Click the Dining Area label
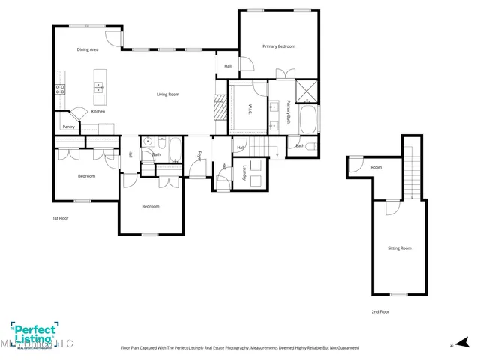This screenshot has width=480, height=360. tap(88, 49)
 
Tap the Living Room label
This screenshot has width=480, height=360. tap(167, 94)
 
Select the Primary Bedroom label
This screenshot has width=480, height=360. tap(278, 46)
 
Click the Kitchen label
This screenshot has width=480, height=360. tap(98, 112)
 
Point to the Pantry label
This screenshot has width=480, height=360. tap(68, 127)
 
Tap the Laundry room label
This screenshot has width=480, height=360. tap(244, 172)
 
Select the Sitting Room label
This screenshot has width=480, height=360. tap(399, 247)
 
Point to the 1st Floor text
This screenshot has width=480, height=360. tap(61, 218)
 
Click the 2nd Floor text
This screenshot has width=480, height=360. tap(380, 311)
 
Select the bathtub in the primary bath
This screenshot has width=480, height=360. tap(308, 118)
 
